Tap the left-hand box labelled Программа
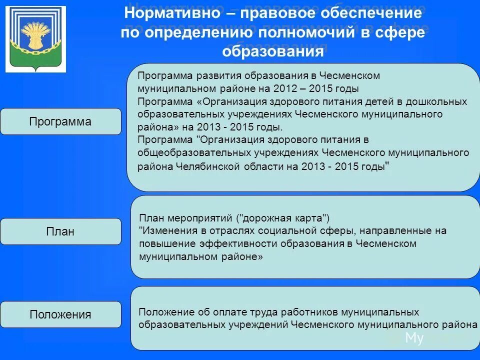click(60, 121)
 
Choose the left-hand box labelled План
click(60, 231)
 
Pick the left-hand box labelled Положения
click(60, 314)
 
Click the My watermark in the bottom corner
click(414, 338)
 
